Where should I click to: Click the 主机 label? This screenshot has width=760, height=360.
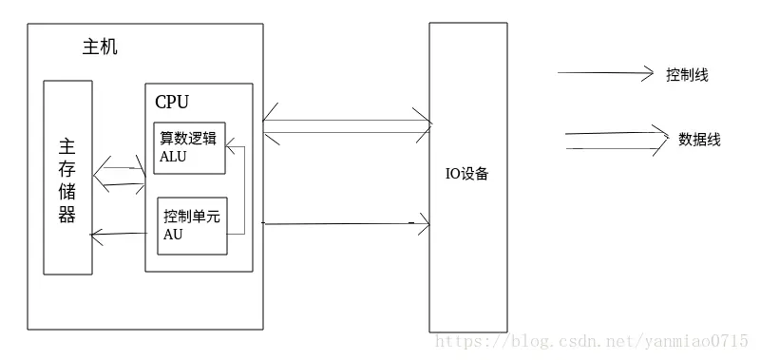[x=94, y=47]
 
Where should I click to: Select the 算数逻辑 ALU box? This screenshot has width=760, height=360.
[x=190, y=147]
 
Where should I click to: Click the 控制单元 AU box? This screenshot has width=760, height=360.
[x=193, y=226]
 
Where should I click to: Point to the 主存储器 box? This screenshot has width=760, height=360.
[x=67, y=178]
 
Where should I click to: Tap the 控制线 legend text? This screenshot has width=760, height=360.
[x=687, y=74]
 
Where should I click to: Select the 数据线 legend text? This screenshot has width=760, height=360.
[x=699, y=140]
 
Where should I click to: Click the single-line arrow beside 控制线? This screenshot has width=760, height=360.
[x=605, y=73]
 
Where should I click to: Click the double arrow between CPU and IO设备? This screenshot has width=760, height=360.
[x=347, y=126]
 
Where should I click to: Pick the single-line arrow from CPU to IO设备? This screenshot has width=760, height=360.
[x=347, y=224]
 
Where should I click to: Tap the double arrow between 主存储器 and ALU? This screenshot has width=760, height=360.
[x=121, y=177]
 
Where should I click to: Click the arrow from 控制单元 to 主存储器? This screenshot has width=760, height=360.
[x=123, y=233]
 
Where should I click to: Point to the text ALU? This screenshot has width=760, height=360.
[x=174, y=158]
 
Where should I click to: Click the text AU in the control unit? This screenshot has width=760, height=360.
[x=173, y=236]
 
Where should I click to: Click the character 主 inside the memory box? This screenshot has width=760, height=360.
[x=67, y=147]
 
